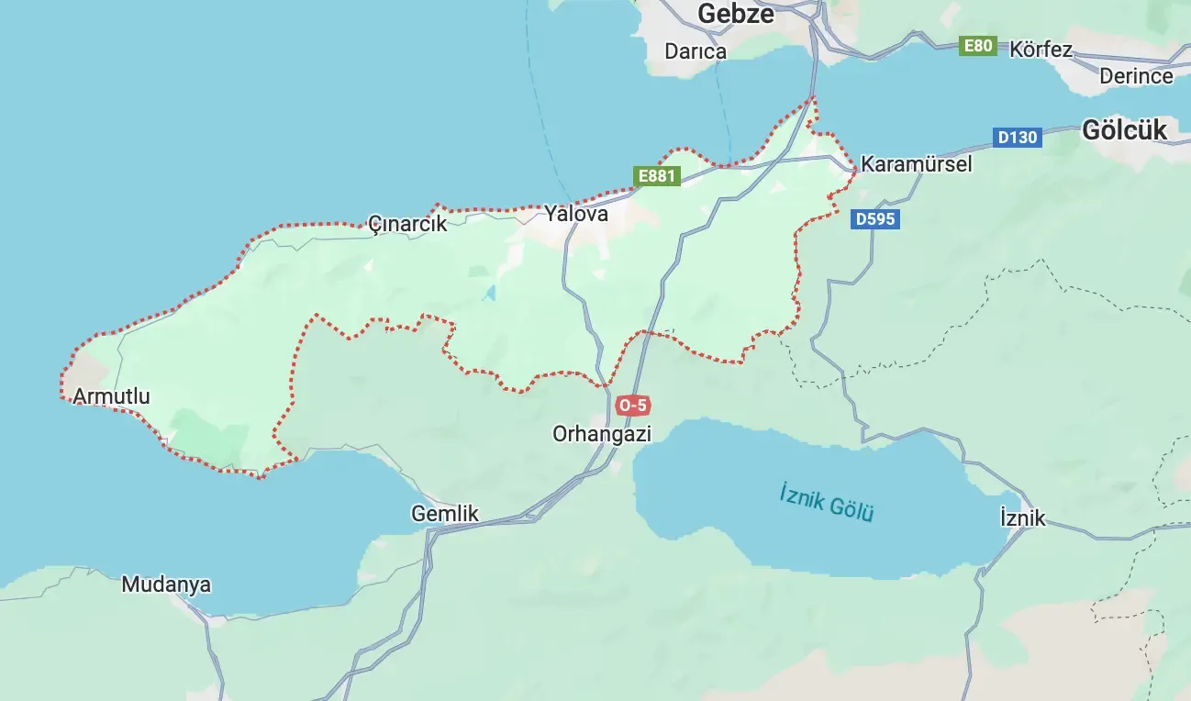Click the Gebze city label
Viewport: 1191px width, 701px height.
[735, 14]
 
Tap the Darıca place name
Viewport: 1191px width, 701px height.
[696, 51]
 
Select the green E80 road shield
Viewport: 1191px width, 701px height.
[978, 46]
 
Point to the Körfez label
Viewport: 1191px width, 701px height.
[1041, 50]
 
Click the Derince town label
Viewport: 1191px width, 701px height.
[1136, 76]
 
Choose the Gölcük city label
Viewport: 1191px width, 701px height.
[1124, 130]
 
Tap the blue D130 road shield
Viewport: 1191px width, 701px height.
[1017, 138]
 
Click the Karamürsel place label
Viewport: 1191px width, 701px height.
[916, 164]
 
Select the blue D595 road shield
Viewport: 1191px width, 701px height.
[874, 219]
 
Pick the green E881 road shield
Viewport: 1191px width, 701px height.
[657, 176]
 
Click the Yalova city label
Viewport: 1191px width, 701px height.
[576, 214]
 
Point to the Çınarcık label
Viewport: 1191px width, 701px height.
[406, 223]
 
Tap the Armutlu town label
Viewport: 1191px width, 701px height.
[111, 396]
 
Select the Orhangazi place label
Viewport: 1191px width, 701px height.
[602, 433]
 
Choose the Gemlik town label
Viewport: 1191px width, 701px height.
[445, 514]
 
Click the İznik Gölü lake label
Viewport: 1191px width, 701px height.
[827, 502]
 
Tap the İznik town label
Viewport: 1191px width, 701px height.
[1022, 518]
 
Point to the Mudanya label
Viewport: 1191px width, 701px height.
[166, 584]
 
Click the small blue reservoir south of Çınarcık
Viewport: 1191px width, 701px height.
[489, 294]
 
